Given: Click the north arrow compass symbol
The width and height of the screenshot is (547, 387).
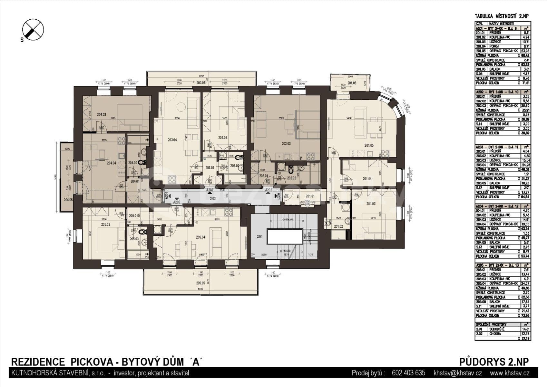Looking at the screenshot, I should point(33,30).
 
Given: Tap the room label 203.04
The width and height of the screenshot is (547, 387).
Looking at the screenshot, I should point(172,140).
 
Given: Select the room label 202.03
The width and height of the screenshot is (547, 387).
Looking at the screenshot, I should point(286,144).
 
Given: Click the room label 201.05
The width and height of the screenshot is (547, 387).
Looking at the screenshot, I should point(369,145).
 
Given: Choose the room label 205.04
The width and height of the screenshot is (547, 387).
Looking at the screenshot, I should point(200,237).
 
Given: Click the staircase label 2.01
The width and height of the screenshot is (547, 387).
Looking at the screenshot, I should point(259,237).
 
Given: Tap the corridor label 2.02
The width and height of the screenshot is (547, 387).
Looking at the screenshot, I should point(213,199).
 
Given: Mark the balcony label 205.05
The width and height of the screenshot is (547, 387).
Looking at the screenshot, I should point(200,283).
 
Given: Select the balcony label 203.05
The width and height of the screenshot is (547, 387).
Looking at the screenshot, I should point(200,83).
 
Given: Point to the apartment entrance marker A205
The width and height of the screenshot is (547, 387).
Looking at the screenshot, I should point(177,202).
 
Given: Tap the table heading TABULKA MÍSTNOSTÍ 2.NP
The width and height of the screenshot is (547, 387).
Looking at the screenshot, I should point(502,16).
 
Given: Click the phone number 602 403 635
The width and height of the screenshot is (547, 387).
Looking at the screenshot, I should point(408,373).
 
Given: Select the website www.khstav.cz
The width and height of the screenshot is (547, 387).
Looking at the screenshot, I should point(510,373).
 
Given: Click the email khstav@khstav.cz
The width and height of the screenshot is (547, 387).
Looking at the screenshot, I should point(458,373).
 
